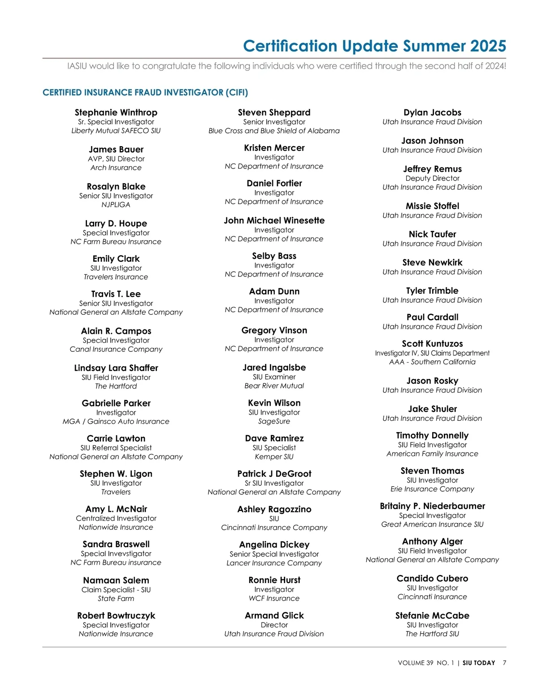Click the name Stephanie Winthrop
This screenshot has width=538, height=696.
pyautogui.click(x=116, y=112)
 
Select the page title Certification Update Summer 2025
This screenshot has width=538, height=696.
pyautogui.click(x=374, y=46)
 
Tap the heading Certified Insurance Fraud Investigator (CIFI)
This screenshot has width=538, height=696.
pyautogui.click(x=145, y=92)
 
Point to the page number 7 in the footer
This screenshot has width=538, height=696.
pyautogui.click(x=504, y=663)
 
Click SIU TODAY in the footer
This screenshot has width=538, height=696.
pyautogui.click(x=479, y=663)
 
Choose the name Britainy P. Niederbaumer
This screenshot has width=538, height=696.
pyautogui.click(x=432, y=506)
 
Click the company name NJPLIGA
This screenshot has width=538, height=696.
pyautogui.click(x=116, y=205)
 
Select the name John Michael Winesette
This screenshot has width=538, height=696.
pyautogui.click(x=274, y=220)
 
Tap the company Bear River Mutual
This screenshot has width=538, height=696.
pyautogui.click(x=274, y=386)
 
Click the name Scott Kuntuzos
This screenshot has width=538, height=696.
pyautogui.click(x=432, y=344)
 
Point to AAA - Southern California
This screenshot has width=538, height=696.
pyautogui.click(x=432, y=362)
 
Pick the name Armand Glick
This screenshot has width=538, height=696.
pyautogui.click(x=274, y=615)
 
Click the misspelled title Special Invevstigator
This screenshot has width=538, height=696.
pyautogui.click(x=116, y=553)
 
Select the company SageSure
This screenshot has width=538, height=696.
pyautogui.click(x=274, y=421)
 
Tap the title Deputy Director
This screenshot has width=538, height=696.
pyautogui.click(x=432, y=178)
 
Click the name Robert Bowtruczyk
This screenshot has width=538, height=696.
pyautogui.click(x=116, y=615)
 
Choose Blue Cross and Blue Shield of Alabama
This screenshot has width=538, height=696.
pyautogui.click(x=274, y=131)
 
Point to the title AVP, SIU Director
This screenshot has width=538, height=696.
pyautogui.click(x=116, y=159)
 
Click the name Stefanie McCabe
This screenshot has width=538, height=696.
pyautogui.click(x=432, y=615)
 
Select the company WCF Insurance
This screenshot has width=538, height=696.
pyautogui.click(x=274, y=598)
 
